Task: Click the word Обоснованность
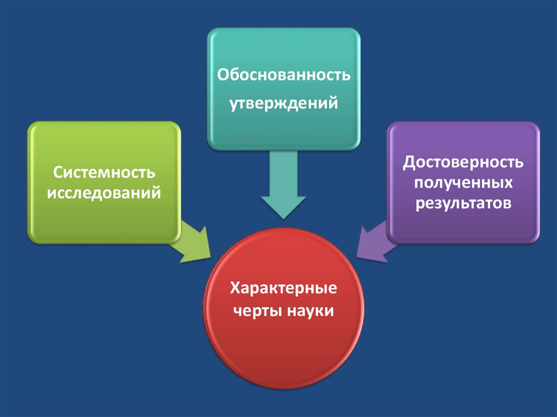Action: (x=283, y=74)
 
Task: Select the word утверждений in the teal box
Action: (x=283, y=102)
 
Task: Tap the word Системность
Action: (x=104, y=173)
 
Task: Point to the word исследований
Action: (x=104, y=193)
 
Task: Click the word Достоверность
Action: (x=463, y=163)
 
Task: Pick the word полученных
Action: (x=463, y=183)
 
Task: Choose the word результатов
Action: (x=463, y=203)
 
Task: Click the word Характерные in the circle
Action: (x=283, y=288)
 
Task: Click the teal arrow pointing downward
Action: (x=283, y=185)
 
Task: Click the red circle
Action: (x=283, y=337)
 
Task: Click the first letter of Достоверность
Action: (x=409, y=163)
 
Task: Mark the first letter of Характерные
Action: (x=234, y=288)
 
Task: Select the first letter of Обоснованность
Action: (x=223, y=74)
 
